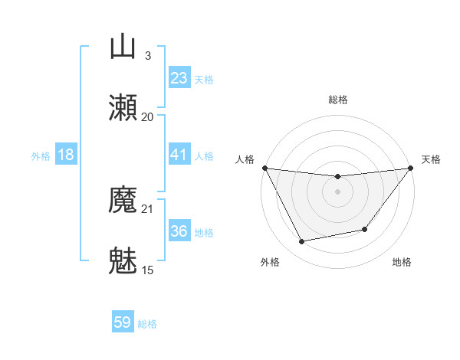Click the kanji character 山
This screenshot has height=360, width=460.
tap(123, 47)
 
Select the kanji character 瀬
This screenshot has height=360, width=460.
tap(123, 109)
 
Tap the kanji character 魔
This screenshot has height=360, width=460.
tap(123, 201)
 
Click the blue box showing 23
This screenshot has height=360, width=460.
tap(179, 78)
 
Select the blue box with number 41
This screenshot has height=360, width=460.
tap(179, 155)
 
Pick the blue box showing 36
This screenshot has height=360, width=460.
tap(179, 232)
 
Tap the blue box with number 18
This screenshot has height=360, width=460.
tap(66, 155)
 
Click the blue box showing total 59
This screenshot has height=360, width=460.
tap(123, 323)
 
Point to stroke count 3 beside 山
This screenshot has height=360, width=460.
tap(148, 55)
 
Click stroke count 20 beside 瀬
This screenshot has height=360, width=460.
tap(148, 116)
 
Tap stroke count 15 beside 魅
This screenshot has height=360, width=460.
tap(148, 270)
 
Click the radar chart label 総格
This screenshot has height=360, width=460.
tap(338, 100)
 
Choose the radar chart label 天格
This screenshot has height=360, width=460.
tap(431, 159)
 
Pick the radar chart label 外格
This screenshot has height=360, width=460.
tap(270, 262)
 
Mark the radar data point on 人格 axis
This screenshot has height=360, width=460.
tap(265, 168)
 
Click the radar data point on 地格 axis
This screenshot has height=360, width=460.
tap(365, 229)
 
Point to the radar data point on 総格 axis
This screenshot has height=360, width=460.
tap(338, 177)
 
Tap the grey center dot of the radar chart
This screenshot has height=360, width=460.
tap(338, 191)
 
